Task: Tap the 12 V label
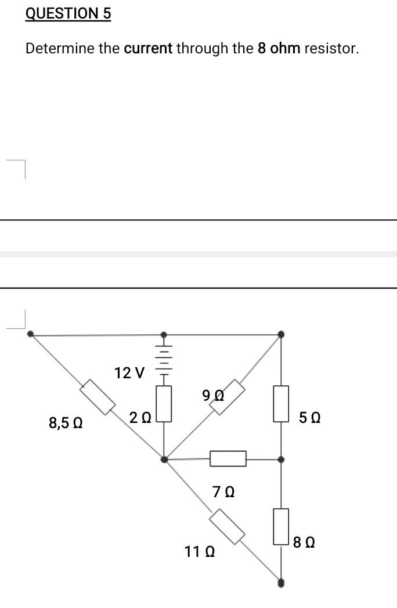click(130, 372)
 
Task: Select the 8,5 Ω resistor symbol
click(98, 397)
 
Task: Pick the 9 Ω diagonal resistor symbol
click(226, 397)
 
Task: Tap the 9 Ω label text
click(214, 395)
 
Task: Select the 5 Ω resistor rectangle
click(281, 403)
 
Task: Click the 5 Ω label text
click(311, 417)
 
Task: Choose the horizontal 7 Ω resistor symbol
click(228, 459)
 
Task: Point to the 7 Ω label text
click(223, 492)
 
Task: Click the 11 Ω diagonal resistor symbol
click(227, 526)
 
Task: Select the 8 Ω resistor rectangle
click(281, 526)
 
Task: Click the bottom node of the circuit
click(281, 582)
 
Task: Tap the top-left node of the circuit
click(31, 334)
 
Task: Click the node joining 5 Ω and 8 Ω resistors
click(281, 459)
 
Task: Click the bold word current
click(148, 48)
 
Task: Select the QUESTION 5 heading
click(68, 14)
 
